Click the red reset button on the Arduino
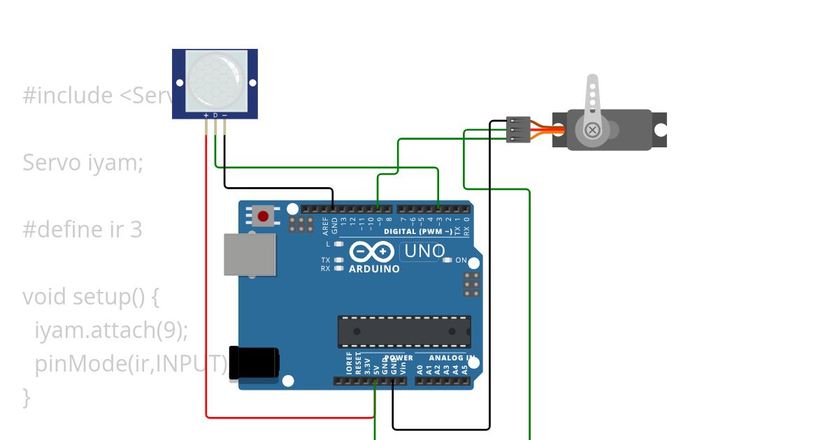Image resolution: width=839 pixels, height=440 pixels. [263, 216]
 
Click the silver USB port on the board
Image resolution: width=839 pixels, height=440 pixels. [250, 254]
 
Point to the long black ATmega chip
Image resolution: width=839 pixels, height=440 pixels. [404, 331]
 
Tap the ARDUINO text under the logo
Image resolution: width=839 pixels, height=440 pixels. [374, 269]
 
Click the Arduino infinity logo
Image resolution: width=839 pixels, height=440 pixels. [371, 251]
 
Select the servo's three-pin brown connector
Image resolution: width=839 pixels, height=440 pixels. [518, 130]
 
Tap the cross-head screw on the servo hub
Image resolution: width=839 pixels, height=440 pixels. [592, 130]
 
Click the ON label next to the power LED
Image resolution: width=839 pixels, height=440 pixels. [461, 261]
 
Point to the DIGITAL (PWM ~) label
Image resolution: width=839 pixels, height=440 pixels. [417, 231]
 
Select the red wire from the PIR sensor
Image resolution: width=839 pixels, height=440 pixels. [206, 279]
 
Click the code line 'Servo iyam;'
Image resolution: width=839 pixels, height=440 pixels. [83, 163]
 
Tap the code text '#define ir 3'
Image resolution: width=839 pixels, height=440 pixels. [83, 230]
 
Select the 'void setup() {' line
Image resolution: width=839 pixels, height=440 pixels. [91, 297]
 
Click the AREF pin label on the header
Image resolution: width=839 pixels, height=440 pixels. [325, 226]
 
